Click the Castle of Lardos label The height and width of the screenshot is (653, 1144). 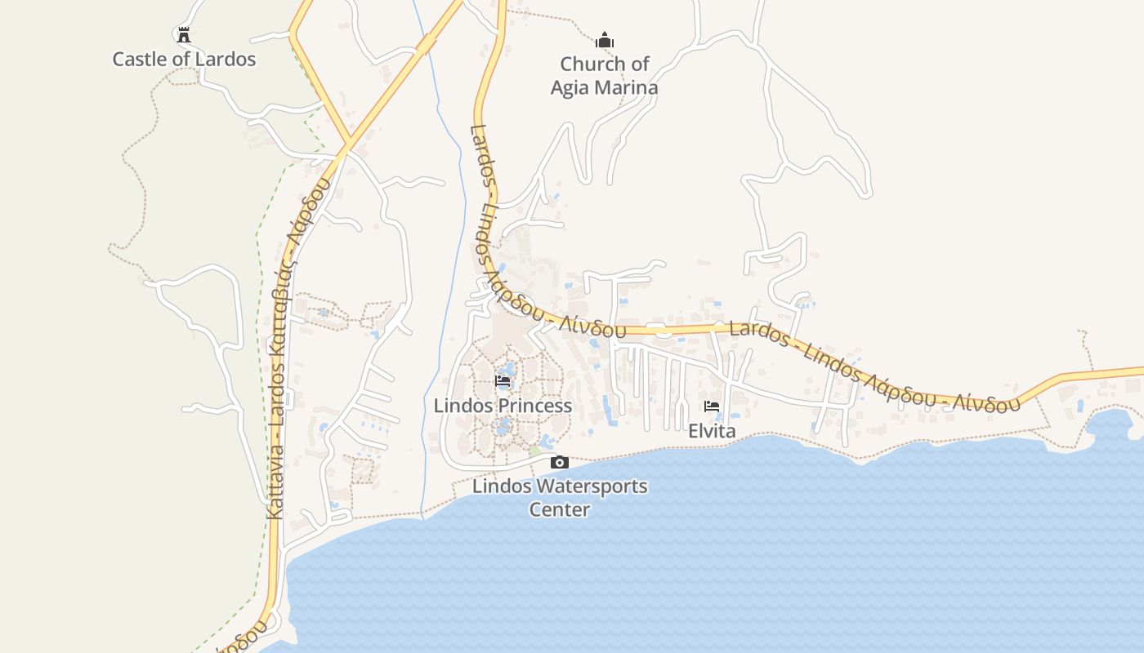pos(184,60)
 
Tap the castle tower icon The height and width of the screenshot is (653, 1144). pos(184,35)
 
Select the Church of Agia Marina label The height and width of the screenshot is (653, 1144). pos(605,75)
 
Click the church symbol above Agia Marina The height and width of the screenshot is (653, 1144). pos(605,39)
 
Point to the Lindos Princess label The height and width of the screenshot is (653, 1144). pos(503,406)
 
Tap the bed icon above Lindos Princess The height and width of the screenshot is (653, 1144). pos(503,381)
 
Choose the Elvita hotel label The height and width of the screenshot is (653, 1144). pos(712,431)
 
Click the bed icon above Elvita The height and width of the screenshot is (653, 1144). pos(712,406)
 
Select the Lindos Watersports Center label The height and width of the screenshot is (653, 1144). pos(560,498)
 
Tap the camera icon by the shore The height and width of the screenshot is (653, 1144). pos(560,463)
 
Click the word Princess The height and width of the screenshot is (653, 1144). pos(535,406)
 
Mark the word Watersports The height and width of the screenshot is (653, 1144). pos(588,486)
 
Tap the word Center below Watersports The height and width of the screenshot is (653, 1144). pos(560,510)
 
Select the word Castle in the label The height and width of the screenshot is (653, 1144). pos(139,60)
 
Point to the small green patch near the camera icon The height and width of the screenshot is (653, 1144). pos(535,451)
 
